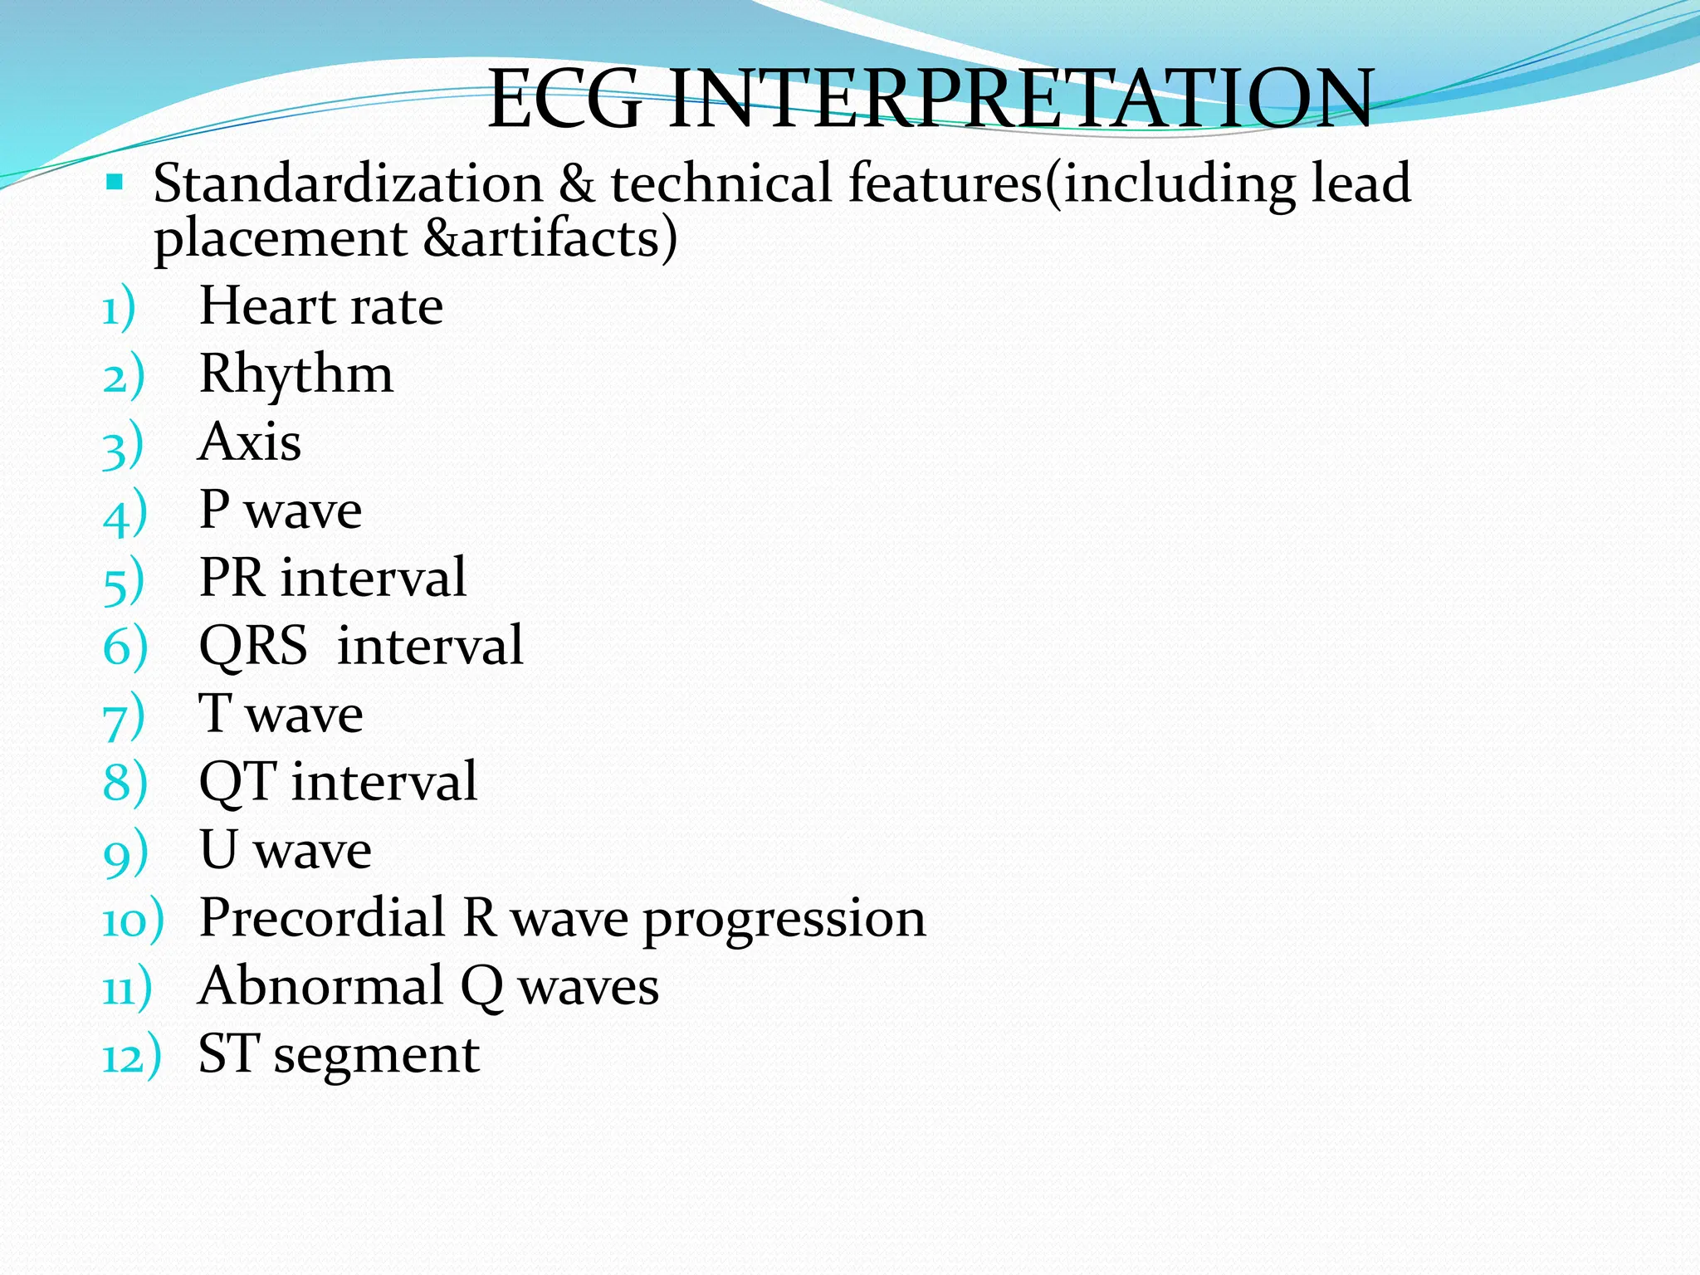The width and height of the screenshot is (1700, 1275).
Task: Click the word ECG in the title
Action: [x=564, y=100]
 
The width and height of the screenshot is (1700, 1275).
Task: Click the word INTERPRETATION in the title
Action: [x=1021, y=100]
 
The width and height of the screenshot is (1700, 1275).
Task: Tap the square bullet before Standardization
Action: [x=115, y=181]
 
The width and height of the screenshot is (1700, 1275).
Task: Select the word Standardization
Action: [x=348, y=183]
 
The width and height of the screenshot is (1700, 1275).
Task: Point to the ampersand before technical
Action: [x=576, y=183]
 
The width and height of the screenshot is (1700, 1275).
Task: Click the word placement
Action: [x=280, y=240]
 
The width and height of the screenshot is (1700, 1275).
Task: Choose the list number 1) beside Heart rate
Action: [x=118, y=310]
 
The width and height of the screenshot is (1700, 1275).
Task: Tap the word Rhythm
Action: [x=296, y=375]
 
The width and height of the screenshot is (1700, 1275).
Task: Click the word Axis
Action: [x=250, y=442]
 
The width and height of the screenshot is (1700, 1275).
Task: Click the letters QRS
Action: [x=253, y=647]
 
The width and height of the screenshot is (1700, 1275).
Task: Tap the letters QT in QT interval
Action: [x=237, y=782]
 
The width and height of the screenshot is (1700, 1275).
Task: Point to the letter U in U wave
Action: [x=218, y=850]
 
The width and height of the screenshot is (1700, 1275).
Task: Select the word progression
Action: [x=784, y=921]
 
